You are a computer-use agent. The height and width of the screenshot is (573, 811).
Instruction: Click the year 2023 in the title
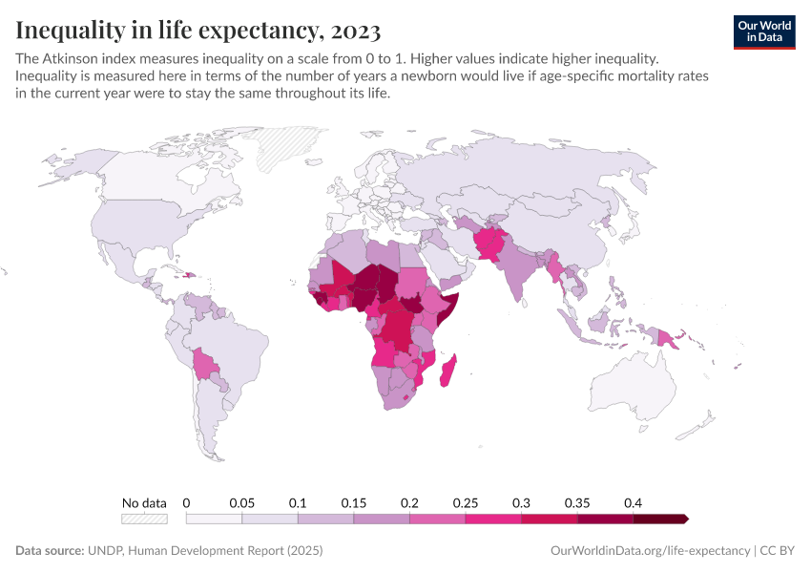pyautogui.click(x=354, y=31)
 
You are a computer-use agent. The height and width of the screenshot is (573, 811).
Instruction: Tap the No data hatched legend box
pyautogui.click(x=144, y=519)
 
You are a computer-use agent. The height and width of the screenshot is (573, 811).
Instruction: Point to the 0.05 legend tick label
pyautogui.click(x=241, y=502)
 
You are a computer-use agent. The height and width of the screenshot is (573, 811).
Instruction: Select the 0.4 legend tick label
pyautogui.click(x=633, y=502)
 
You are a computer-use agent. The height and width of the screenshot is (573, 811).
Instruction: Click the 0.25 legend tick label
pyautogui.click(x=465, y=502)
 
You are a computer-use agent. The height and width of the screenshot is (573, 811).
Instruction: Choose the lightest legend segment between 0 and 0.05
pyautogui.click(x=214, y=519)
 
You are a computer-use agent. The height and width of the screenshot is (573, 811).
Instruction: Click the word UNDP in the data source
pyautogui.click(x=105, y=551)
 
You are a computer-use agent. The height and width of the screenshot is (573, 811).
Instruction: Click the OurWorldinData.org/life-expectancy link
pyautogui.click(x=651, y=551)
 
